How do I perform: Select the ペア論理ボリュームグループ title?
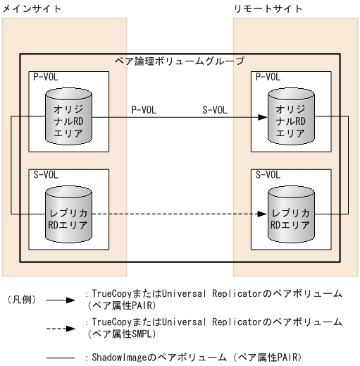(180, 61)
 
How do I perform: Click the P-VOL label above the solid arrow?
(144, 110)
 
